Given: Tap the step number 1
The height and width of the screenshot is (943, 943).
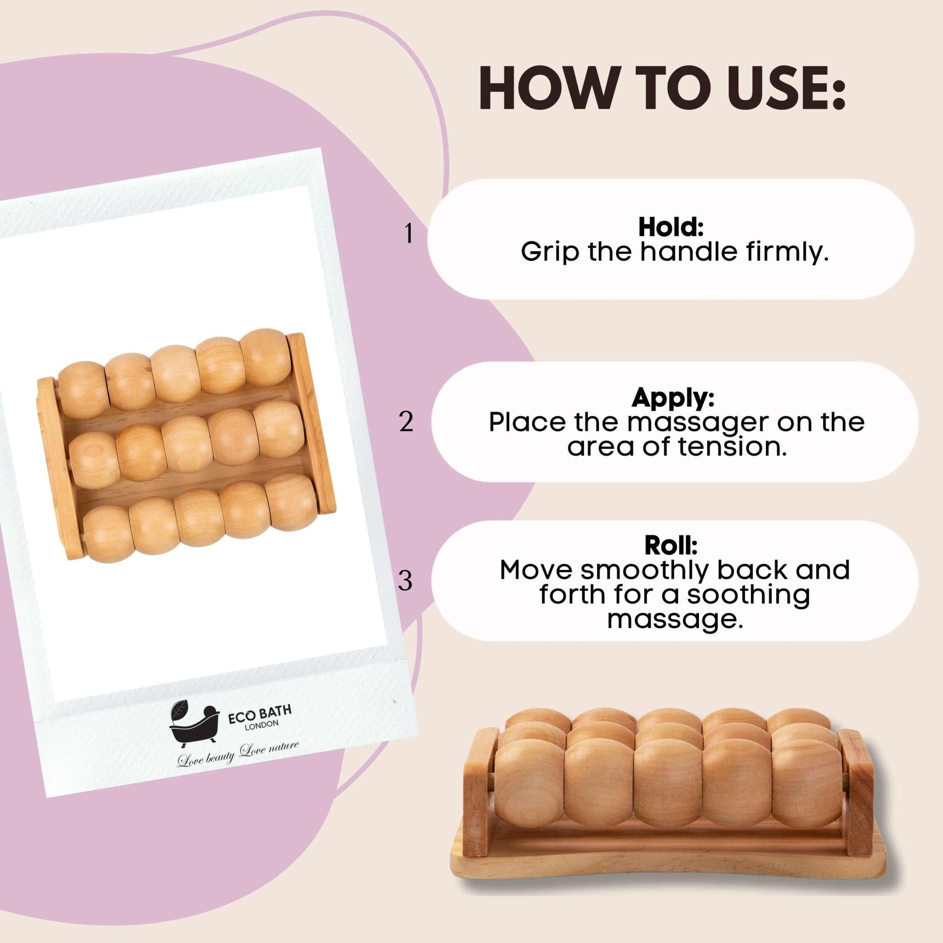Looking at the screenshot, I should tap(408, 234).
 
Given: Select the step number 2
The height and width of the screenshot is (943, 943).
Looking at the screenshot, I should tap(406, 422).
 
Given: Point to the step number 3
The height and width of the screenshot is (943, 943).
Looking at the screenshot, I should tap(406, 581).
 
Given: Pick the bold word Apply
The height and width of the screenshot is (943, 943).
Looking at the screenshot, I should tap(673, 398).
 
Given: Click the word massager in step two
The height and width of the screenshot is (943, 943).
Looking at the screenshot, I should tap(699, 423).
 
